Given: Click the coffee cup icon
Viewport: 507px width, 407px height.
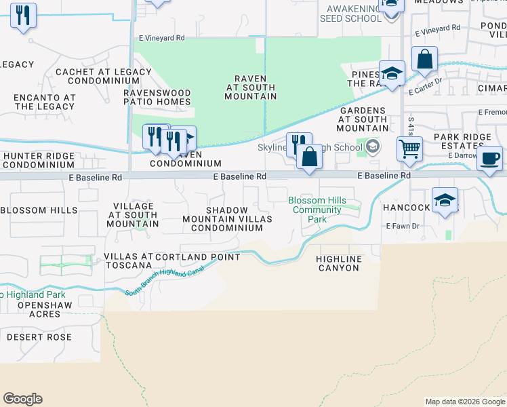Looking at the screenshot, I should point(489,159).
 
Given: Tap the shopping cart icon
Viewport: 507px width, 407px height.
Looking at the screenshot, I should point(409,149).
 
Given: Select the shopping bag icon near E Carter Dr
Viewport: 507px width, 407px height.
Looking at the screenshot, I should point(424,60).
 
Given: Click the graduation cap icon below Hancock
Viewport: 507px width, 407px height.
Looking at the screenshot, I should point(445,201).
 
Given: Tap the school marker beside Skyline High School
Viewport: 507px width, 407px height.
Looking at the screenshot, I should point(372,146).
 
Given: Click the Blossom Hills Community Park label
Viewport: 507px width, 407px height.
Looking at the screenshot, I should point(317,210).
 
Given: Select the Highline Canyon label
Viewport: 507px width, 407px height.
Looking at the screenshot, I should point(339,263).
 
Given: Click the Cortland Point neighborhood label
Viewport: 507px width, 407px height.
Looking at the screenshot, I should point(197,257).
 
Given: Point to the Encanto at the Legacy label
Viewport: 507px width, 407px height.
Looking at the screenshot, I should point(44,102).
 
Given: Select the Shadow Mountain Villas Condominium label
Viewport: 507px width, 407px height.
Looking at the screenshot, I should point(227,219).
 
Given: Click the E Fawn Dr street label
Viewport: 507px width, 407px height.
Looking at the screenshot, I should point(404,226).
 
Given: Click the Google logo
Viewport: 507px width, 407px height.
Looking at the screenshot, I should point(22,399).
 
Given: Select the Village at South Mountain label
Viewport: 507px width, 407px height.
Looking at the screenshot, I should point(132,214).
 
